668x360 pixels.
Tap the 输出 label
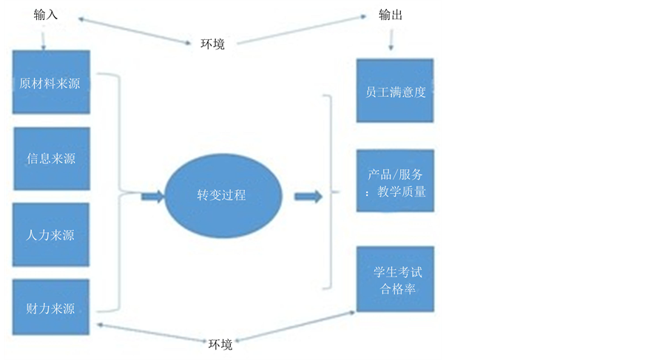coord(391,15)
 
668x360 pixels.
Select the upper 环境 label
coord(213,44)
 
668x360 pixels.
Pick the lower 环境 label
coord(220,344)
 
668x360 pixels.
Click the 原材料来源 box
coord(51,82)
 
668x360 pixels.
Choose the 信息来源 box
coord(51,158)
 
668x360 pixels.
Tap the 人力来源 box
coord(51,235)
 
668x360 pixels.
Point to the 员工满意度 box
coord(395,91)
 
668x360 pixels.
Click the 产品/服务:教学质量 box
coord(395,181)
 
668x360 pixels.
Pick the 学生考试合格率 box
coord(395,279)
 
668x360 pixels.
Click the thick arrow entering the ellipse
coord(152,196)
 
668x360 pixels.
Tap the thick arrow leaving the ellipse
coord(308,196)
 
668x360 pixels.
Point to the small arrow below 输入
coord(44,37)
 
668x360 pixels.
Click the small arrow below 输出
coord(390,42)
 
